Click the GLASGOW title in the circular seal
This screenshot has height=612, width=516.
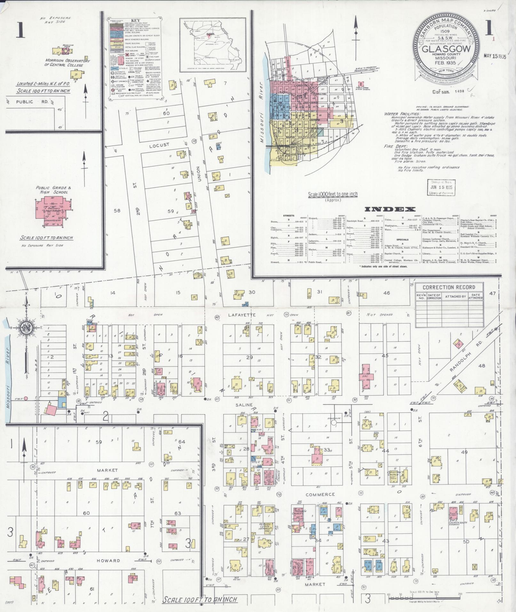(x=447, y=49)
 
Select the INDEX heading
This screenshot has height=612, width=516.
(x=390, y=210)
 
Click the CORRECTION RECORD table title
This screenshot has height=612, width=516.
(x=449, y=287)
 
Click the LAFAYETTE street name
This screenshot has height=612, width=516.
(x=242, y=315)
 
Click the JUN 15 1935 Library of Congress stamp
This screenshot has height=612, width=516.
(x=441, y=188)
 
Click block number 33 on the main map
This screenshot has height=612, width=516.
(x=327, y=450)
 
